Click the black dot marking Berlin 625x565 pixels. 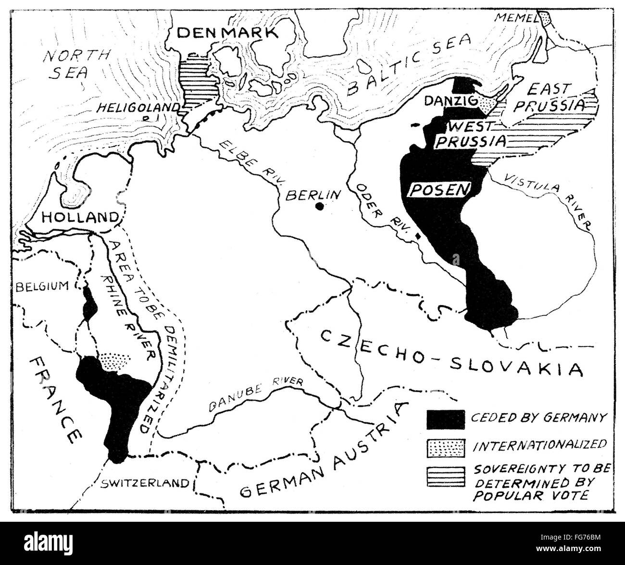pos(319,207)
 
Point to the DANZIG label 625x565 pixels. pos(455,101)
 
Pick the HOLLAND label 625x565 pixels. pos(80,217)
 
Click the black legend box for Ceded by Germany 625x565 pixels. pos(445,419)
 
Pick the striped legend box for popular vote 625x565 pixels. pos(445,476)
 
